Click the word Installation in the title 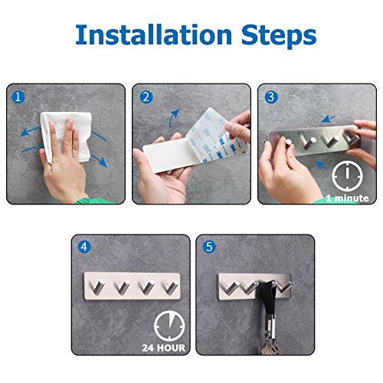[x=153, y=34]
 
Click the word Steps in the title [x=279, y=36]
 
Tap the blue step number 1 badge [x=18, y=97]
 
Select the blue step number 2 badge [x=146, y=97]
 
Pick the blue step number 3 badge [x=271, y=97]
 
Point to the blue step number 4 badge [x=84, y=247]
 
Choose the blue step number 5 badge [x=209, y=247]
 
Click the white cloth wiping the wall [x=67, y=136]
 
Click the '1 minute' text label [x=347, y=198]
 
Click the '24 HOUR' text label [x=164, y=348]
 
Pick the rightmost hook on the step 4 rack [x=171, y=287]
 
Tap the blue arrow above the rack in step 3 [x=329, y=119]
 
